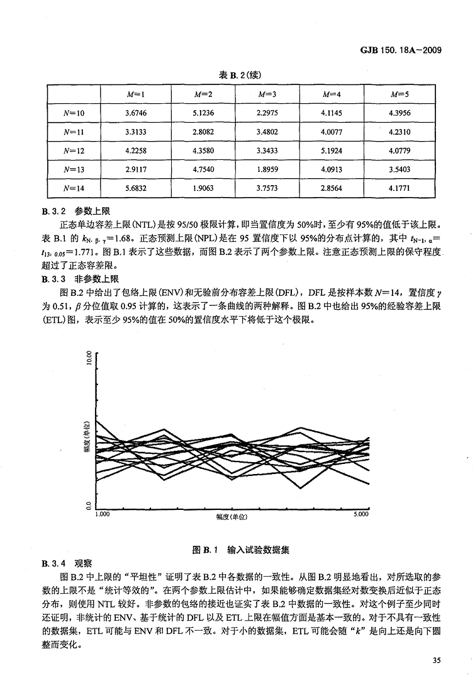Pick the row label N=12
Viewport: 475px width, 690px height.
74,150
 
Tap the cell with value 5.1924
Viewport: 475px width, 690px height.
331,150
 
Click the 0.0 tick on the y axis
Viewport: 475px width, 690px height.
89,505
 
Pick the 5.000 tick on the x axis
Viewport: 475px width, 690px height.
361,514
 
